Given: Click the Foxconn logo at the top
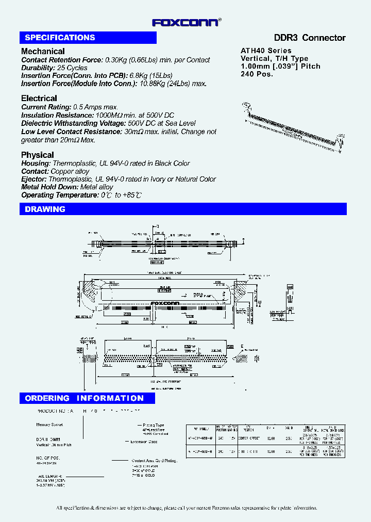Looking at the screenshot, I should (x=187, y=22).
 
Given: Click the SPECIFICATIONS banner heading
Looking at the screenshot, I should (x=60, y=38).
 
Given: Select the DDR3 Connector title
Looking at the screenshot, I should (x=309, y=38).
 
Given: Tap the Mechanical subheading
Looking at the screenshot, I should (x=43, y=51).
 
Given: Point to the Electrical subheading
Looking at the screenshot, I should (x=39, y=98).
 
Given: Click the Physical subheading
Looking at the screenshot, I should (x=37, y=155).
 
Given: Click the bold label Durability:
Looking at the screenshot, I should (x=38, y=68).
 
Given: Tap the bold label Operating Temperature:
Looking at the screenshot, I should (x=58, y=195).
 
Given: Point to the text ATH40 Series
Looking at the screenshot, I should (x=266, y=51).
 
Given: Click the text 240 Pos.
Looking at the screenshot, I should (x=257, y=74).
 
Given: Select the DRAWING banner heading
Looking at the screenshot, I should (x=45, y=209).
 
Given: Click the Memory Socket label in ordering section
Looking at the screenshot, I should (x=49, y=425).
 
